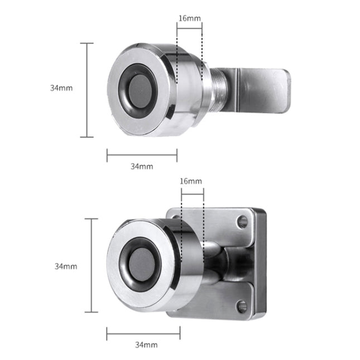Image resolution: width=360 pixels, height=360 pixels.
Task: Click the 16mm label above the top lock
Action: click(x=189, y=18)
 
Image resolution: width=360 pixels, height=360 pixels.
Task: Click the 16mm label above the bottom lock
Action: click(x=191, y=181)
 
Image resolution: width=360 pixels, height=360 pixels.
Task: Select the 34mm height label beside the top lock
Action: click(x=61, y=88)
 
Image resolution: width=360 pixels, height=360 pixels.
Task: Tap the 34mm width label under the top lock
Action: click(x=142, y=166)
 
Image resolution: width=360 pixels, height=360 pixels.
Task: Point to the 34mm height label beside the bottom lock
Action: click(x=66, y=266)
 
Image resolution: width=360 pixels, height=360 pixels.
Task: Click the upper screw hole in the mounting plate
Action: click(x=242, y=222)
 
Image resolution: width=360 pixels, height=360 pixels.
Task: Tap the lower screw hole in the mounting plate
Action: click(x=242, y=305)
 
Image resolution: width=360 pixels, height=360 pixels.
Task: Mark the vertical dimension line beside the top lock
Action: click(x=87, y=89)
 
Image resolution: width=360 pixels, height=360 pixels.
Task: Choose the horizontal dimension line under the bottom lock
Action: click(x=143, y=335)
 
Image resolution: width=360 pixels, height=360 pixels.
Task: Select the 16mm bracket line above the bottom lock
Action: click(x=193, y=188)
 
